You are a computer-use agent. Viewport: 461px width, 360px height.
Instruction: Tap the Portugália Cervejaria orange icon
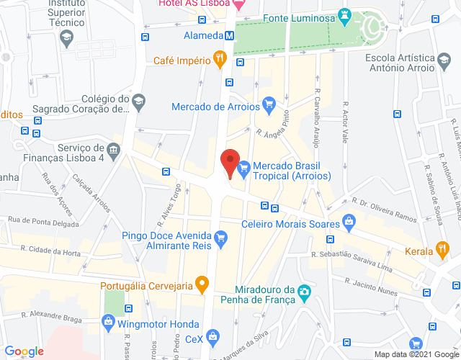coord(203,286)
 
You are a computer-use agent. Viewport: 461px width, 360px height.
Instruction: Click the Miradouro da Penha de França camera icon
coord(305,292)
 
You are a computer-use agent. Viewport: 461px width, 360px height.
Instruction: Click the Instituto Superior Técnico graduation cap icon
coord(67,37)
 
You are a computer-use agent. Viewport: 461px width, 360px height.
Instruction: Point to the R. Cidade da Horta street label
coord(50,251)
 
